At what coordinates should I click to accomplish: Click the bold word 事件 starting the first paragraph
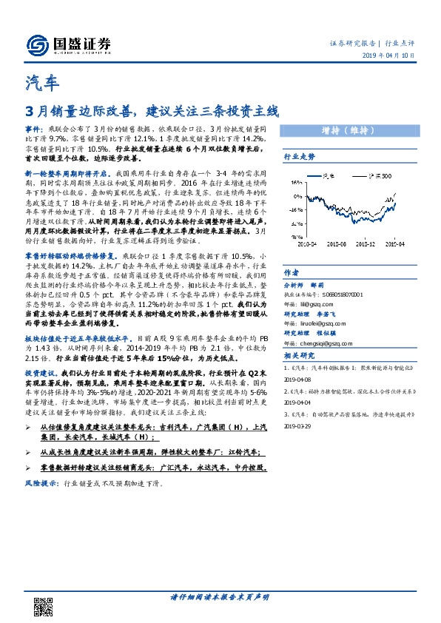tap(34, 128)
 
